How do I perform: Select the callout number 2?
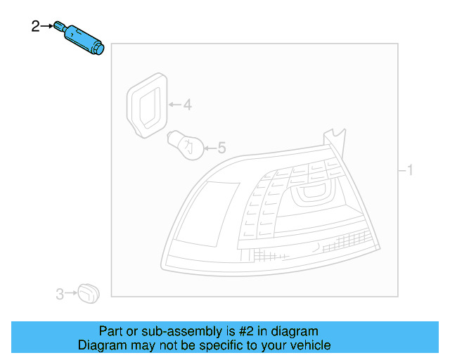36,27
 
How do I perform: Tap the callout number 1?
411,170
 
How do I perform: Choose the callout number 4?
186,105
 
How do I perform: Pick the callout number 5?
221,148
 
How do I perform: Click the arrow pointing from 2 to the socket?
47,27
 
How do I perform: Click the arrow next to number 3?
70,292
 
